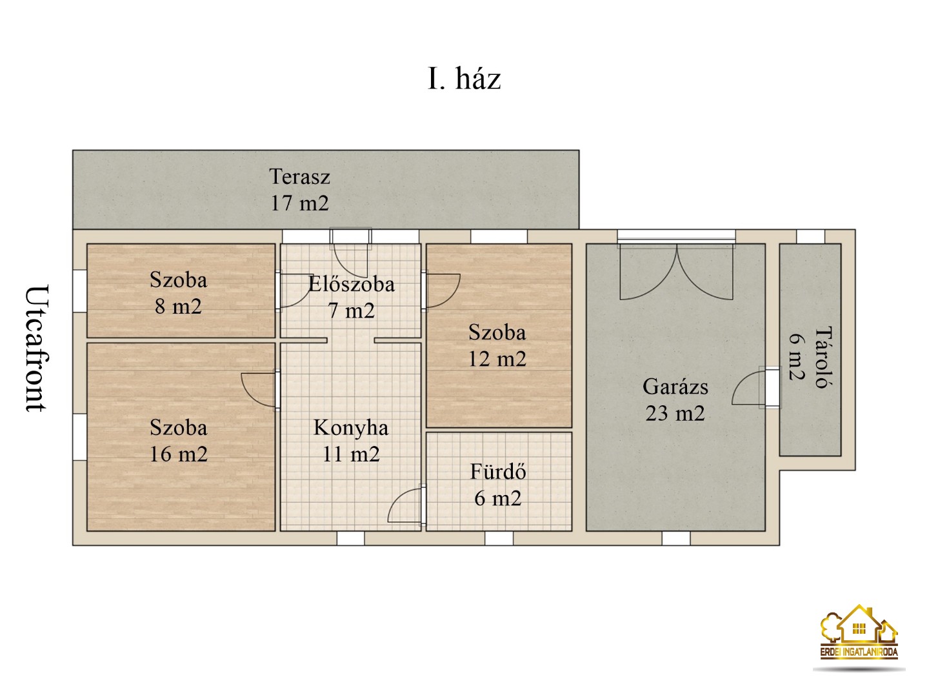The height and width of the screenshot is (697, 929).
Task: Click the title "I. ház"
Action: tap(464, 79)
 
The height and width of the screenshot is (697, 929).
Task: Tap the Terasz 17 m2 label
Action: tap(299, 190)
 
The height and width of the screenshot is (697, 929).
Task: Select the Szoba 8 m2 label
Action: tap(178, 293)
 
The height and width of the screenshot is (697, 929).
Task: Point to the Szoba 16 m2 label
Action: tap(178, 441)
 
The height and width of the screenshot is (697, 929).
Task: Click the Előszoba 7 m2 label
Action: tap(351, 297)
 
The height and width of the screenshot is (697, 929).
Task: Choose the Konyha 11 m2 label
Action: tap(351, 441)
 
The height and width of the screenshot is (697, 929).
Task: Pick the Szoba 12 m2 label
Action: tap(497, 346)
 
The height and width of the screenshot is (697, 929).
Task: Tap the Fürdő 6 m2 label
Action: tap(497, 485)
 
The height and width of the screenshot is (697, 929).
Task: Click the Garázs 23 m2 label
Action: tap(675, 399)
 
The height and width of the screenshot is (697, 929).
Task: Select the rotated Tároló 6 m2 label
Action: tap(809, 357)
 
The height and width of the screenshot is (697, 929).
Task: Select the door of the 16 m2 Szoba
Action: tap(261, 389)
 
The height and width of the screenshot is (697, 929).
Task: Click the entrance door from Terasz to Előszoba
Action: tap(351, 252)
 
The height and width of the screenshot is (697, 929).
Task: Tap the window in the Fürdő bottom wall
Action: tap(499, 538)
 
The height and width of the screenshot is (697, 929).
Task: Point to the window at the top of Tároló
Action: tap(810, 236)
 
